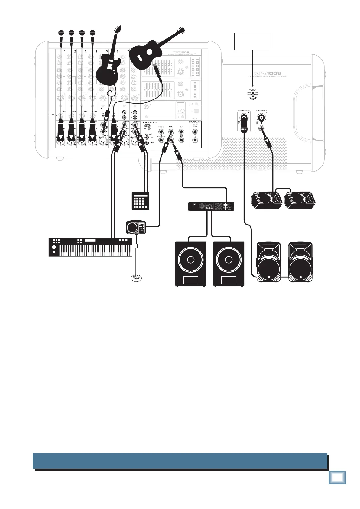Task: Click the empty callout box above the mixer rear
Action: click(252, 41)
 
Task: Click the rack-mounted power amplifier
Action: click(212, 206)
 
